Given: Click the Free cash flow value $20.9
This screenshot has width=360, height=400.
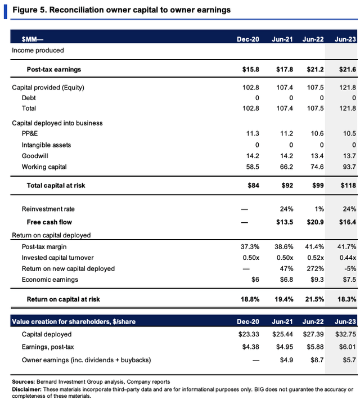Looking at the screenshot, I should point(312,222).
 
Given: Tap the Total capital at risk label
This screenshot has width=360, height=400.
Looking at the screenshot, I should point(56,185).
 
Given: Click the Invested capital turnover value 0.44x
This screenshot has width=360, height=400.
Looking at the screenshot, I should point(346,257).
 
